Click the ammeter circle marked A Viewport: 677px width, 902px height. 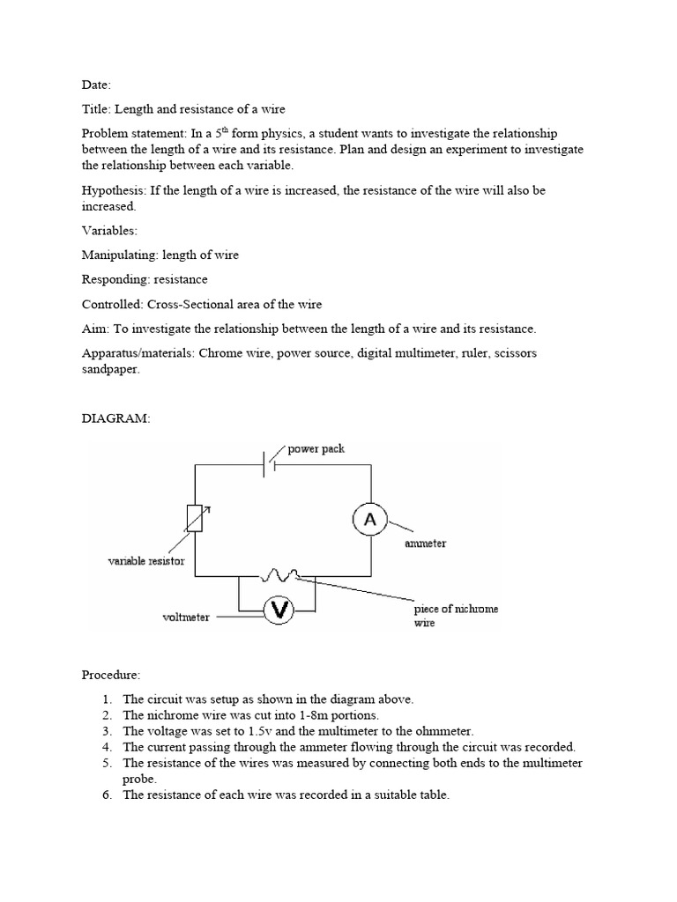[x=370, y=520]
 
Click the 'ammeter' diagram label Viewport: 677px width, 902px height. [x=425, y=543]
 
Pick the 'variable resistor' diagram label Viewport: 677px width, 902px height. [x=146, y=561]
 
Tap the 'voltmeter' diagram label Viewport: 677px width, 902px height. [x=186, y=617]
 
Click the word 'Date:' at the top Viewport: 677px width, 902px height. [x=97, y=85]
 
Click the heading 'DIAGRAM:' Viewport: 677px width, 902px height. [x=116, y=419]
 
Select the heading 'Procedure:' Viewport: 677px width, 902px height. [x=111, y=675]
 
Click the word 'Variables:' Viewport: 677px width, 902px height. [x=111, y=231]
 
